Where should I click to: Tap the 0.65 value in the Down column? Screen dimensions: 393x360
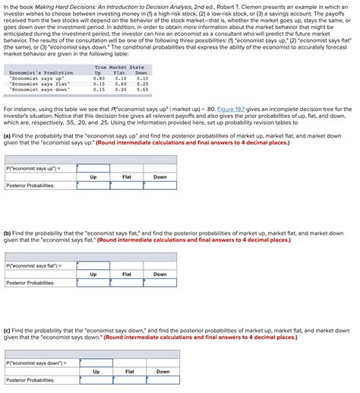142,89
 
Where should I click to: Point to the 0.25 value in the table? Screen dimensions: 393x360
142,84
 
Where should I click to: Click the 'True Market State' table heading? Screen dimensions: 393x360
119,68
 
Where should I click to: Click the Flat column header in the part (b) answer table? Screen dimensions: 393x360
126,274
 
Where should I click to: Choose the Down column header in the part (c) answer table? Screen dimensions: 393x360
163,372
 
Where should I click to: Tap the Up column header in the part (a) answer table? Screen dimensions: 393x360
93,176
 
